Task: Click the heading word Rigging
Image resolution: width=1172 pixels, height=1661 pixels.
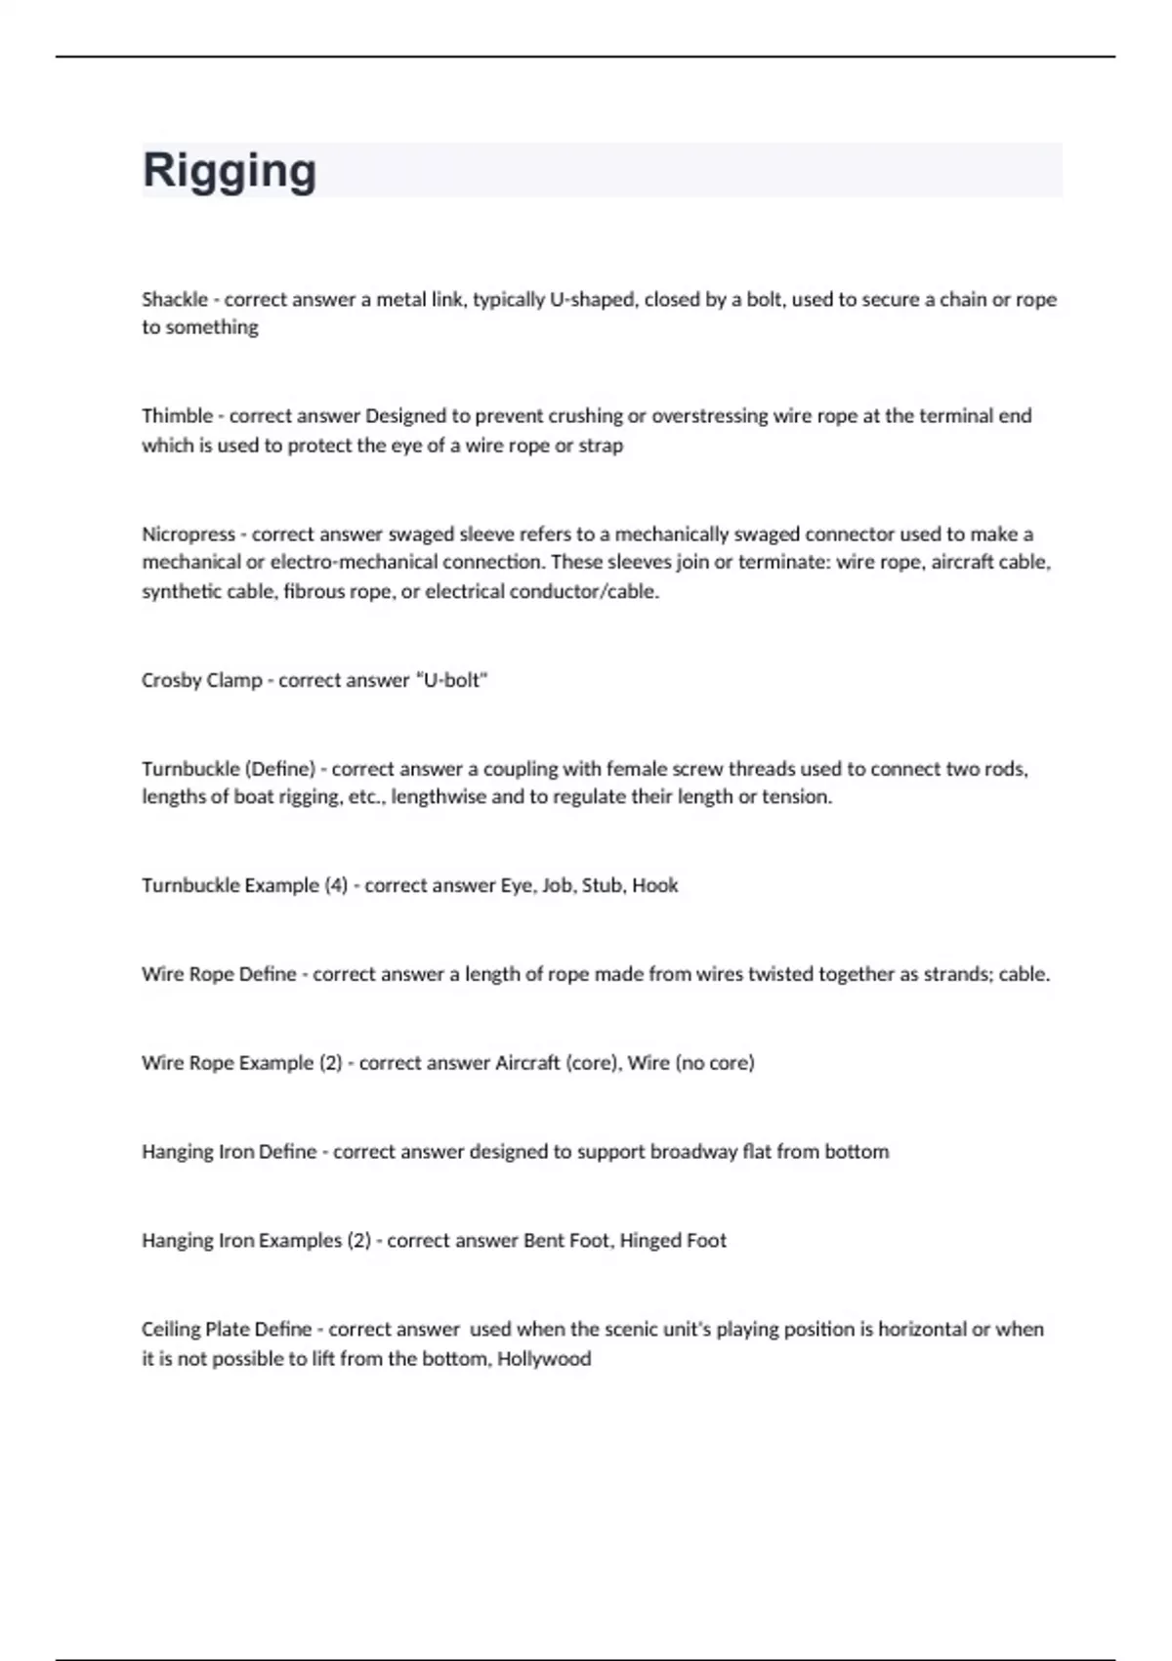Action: (x=230, y=170)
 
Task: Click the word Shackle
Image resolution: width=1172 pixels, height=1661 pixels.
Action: (x=175, y=299)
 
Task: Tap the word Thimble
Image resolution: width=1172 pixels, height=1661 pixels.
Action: (x=177, y=415)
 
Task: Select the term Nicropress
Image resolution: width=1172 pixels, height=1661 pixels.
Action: (x=188, y=533)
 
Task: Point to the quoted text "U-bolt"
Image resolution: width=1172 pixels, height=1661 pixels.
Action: (x=451, y=680)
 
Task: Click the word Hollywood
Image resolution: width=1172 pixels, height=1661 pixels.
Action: (x=544, y=1358)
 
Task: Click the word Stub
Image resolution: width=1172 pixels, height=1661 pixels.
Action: (x=602, y=885)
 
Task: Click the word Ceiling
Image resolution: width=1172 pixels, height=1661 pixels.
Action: (x=171, y=1329)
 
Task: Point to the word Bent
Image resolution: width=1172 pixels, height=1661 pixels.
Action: (x=544, y=1240)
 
